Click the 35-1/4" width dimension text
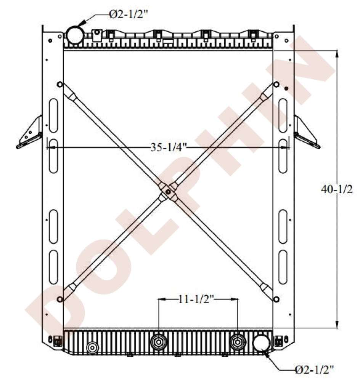(169, 147)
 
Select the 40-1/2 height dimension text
(337, 189)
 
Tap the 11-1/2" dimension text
(196, 299)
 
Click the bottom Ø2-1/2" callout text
(314, 370)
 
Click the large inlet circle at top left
(75, 35)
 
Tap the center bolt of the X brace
(168, 192)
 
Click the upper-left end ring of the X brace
(60, 85)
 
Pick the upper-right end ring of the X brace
(276, 85)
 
